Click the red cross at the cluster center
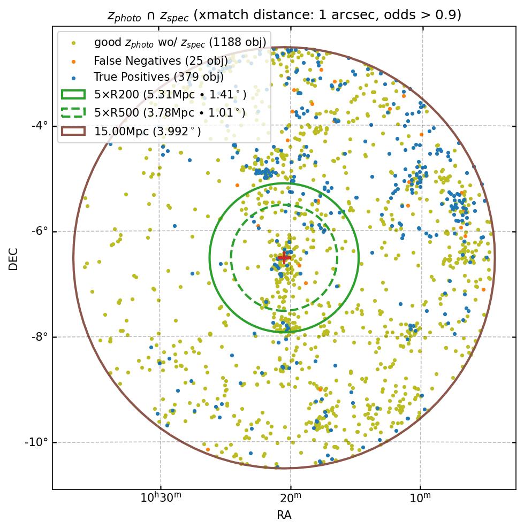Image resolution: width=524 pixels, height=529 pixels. (284, 257)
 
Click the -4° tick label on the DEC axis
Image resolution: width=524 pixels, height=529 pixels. (40, 126)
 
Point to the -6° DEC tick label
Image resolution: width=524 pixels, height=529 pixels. (40, 231)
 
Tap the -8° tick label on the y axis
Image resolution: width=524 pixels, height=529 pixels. (40, 337)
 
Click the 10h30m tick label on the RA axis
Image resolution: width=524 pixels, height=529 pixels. (161, 499)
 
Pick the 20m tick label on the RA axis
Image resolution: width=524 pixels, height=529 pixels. (291, 499)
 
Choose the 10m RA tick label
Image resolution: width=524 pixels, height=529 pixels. (420, 499)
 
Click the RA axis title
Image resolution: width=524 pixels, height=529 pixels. (284, 515)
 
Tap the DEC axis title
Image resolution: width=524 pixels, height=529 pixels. (13, 258)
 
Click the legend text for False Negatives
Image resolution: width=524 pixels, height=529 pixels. (161, 60)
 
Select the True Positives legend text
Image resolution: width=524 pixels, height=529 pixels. (158, 78)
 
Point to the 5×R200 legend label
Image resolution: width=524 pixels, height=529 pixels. (170, 95)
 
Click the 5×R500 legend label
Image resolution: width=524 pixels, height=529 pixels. (170, 113)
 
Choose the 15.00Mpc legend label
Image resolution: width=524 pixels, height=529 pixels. (148, 131)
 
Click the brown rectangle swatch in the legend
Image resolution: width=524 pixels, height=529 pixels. (73, 131)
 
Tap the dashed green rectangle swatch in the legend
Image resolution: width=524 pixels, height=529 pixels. (73, 113)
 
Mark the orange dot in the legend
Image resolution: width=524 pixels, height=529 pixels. (73, 60)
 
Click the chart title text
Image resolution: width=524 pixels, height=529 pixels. (284, 16)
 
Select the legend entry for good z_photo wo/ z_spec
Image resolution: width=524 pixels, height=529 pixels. (180, 42)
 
